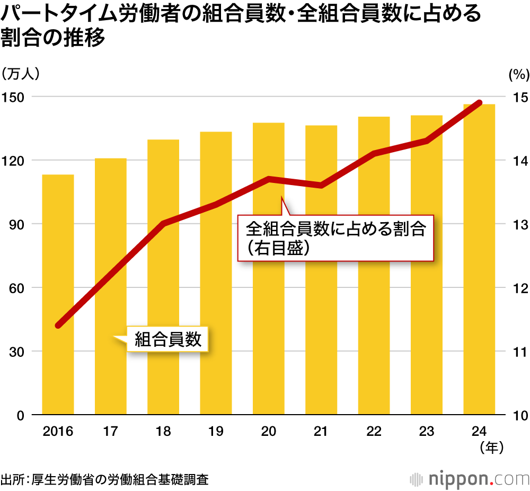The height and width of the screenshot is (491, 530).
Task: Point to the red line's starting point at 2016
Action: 58,325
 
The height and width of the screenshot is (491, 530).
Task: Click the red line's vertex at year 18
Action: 163,223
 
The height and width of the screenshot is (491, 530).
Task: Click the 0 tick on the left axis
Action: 20,415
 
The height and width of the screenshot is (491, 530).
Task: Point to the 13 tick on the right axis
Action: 517,224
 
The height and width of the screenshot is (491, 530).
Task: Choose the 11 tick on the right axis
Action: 517,352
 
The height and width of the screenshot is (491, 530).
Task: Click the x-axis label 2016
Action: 58,431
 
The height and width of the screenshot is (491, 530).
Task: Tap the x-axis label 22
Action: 374,431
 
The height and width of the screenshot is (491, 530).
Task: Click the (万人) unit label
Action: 21,74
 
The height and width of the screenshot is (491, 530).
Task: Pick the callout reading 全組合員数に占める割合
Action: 336,238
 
